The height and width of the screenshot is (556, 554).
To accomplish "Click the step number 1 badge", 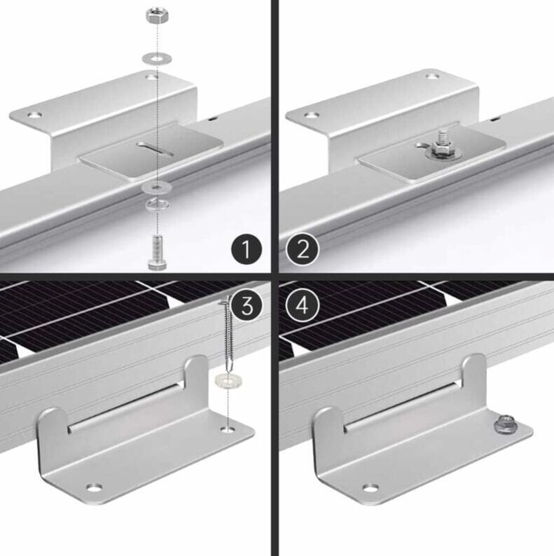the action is click(247, 249).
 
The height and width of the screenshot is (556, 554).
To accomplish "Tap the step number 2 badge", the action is click(303, 249).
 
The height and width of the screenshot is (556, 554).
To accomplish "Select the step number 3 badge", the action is click(247, 305).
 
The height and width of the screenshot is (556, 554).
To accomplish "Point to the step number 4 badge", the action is click(302, 305).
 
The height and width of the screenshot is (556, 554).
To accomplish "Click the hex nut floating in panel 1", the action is click(158, 17).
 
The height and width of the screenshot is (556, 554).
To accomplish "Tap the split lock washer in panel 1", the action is click(157, 204).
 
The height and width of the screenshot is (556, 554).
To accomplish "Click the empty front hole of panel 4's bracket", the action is click(371, 488).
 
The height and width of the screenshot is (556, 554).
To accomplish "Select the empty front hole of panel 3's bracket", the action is click(95, 488).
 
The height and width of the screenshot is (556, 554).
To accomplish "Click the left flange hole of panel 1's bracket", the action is click(35, 115).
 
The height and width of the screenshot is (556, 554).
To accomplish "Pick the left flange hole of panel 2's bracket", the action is click(312, 116).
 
